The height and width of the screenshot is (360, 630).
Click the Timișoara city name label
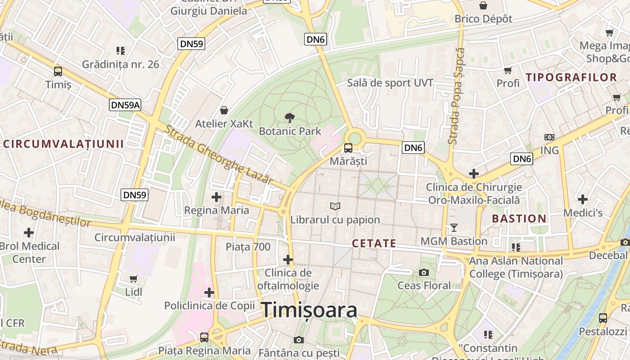tap(309, 310)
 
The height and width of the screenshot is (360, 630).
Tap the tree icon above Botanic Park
tap(290, 118)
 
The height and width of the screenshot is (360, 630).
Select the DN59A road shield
tap(125, 105)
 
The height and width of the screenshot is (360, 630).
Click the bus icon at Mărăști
tap(348, 148)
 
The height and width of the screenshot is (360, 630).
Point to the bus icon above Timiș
tap(58, 71)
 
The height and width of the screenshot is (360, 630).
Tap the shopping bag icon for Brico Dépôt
tap(483, 5)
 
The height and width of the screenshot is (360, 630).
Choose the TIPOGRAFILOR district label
tap(571, 77)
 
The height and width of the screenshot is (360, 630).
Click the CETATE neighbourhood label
tap(374, 243)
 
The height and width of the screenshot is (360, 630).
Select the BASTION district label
tap(519, 219)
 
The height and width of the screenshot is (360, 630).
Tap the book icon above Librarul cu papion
tap(335, 206)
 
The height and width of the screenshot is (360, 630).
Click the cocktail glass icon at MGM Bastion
tap(454, 228)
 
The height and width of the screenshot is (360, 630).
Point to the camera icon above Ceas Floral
tap(423, 272)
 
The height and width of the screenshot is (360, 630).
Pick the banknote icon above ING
tap(549, 137)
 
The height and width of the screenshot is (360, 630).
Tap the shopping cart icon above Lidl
tap(134, 279)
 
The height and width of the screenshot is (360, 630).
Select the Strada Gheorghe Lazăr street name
tap(219, 154)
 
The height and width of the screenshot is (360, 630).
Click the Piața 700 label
tap(248, 247)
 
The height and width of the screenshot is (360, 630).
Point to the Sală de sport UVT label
tap(390, 83)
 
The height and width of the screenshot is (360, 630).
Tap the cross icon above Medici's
tap(583, 199)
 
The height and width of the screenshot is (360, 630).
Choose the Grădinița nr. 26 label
tap(121, 64)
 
